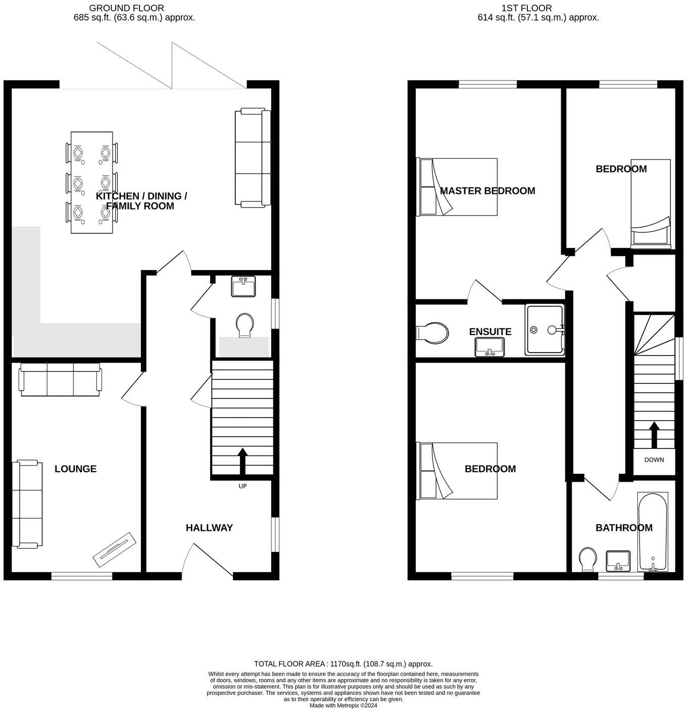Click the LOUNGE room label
coord(75,469)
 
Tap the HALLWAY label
coord(209,528)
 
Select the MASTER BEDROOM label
coord(487,190)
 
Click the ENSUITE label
coord(490,332)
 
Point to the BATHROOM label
coord(624,528)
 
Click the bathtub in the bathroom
coord(653,531)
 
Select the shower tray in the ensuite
coord(545,330)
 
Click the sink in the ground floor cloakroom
coord(243,286)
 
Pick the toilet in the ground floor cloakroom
coord(245,325)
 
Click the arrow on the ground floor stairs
coord(242,461)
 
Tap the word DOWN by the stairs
coord(654,460)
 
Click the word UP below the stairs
coord(242,486)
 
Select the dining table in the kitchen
coord(91,182)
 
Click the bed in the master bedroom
coord(457,187)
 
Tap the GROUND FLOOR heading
coord(126,8)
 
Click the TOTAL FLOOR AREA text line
coord(343,664)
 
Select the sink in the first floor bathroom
coord(617,561)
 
